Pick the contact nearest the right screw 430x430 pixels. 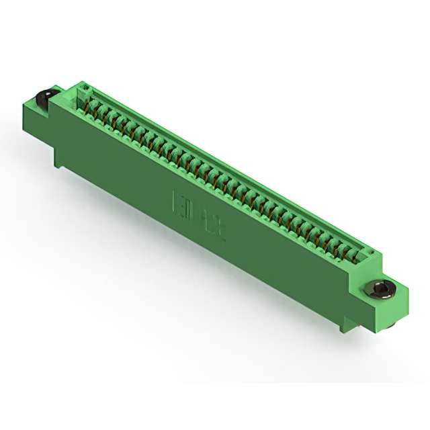point(355,256)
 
